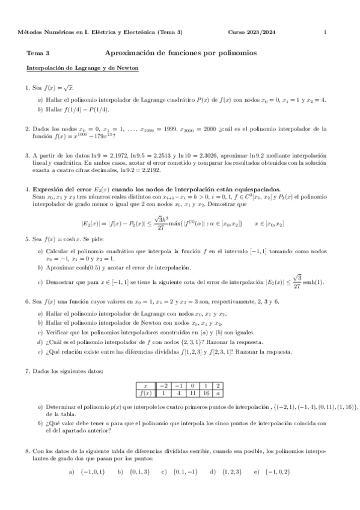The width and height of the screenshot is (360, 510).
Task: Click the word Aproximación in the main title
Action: [127, 53]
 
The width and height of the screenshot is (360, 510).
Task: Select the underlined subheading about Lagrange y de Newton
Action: [82, 68]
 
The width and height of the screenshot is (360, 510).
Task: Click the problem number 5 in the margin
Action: [28, 239]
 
